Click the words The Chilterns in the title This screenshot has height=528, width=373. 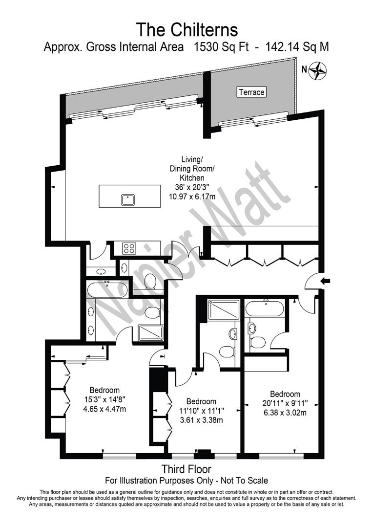pyautogui.click(x=186, y=29)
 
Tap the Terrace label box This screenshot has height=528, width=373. pyautogui.click(x=251, y=92)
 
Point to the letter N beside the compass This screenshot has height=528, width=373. pyautogui.click(x=304, y=69)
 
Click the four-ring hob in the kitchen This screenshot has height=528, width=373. pyautogui.click(x=129, y=248)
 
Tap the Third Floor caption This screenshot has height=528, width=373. pyautogui.click(x=186, y=470)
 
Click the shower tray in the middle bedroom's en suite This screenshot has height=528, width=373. pyautogui.click(x=223, y=310)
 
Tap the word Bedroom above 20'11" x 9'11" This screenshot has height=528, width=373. pyautogui.click(x=285, y=394)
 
